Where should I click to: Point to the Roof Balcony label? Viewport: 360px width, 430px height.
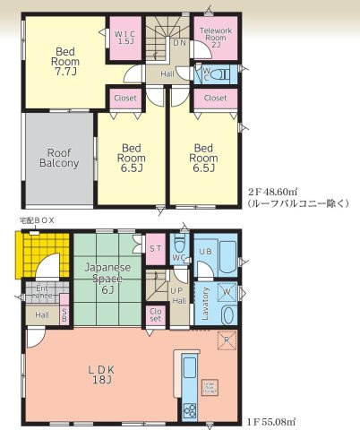point(59,158)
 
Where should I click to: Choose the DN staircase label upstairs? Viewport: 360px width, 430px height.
point(179,42)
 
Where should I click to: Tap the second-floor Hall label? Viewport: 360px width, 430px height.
point(167,74)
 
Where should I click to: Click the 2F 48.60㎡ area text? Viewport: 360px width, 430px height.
point(274,192)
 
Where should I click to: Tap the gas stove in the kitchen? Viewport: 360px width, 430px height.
point(190,409)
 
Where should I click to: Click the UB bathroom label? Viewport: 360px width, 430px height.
point(205,252)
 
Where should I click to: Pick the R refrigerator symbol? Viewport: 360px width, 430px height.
point(227,340)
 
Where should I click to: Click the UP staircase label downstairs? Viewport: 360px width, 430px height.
point(176,290)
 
